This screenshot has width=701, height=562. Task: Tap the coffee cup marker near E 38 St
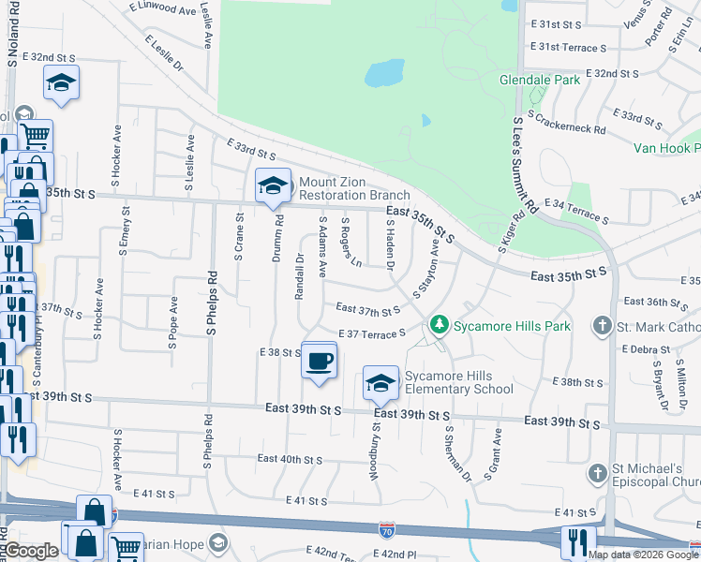319,360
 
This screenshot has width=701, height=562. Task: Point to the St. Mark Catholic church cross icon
603,327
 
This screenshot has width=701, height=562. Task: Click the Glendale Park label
540,80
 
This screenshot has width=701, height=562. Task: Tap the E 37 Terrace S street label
371,334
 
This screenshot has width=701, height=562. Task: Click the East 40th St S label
290,459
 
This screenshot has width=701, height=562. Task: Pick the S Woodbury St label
373,449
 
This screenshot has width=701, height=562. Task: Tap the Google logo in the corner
31,550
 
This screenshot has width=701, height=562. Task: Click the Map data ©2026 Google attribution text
642,554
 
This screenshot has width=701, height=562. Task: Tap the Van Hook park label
666,148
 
